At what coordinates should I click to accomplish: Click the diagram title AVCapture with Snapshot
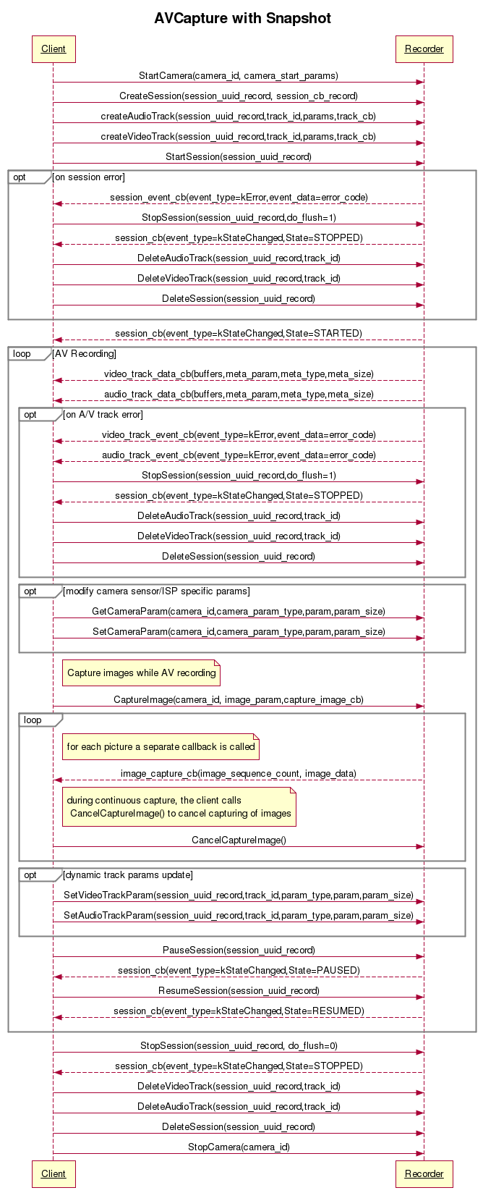click(x=242, y=18)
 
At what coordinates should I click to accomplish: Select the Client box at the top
click(x=54, y=49)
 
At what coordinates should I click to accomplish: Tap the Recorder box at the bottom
click(x=424, y=1173)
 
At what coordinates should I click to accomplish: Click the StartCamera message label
click(x=239, y=75)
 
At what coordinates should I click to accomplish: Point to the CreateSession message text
click(x=239, y=96)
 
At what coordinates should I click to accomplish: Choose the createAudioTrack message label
click(x=239, y=116)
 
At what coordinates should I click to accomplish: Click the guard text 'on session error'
click(x=90, y=177)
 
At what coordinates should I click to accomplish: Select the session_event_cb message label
click(x=239, y=197)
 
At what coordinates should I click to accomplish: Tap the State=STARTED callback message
click(x=239, y=333)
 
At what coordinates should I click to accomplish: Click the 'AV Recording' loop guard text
click(x=85, y=354)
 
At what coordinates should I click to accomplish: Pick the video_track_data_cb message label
click(x=239, y=374)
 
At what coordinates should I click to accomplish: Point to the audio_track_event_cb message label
click(x=239, y=455)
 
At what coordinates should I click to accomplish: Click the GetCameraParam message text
click(x=239, y=611)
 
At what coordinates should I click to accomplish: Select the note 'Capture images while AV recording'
click(x=142, y=673)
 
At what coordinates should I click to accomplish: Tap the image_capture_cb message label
click(x=239, y=773)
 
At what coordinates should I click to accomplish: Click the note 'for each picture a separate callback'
click(x=161, y=746)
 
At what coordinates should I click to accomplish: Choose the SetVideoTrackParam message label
click(x=239, y=895)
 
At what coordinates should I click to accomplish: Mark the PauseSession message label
click(x=239, y=950)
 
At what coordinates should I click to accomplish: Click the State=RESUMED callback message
click(x=239, y=1011)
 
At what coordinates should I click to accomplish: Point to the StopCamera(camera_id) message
click(x=239, y=1147)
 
